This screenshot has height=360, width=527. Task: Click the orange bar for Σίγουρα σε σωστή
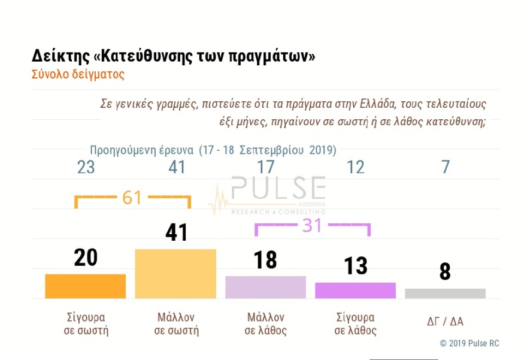pyautogui.click(x=85, y=286)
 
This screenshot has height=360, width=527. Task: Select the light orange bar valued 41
pyautogui.click(x=175, y=274)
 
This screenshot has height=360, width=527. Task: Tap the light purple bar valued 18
pyautogui.click(x=265, y=287)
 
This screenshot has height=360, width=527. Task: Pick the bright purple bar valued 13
pyautogui.click(x=355, y=291)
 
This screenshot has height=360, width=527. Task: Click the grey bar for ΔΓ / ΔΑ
pyautogui.click(x=445, y=294)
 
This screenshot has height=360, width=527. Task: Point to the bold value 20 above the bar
pyautogui.click(x=86, y=258)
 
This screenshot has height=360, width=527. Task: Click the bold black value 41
pyautogui.click(x=176, y=232)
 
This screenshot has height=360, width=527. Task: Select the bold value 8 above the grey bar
pyautogui.click(x=445, y=271)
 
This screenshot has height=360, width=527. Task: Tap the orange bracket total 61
pyautogui.click(x=132, y=198)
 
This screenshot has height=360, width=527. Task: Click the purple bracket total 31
pyautogui.click(x=312, y=225)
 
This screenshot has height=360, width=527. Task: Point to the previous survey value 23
pyautogui.click(x=86, y=167)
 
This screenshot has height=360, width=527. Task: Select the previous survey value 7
pyautogui.click(x=445, y=167)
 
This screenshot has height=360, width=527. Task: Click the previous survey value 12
pyautogui.click(x=356, y=167)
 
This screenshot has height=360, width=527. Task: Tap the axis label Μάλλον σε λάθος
pyautogui.click(x=265, y=323)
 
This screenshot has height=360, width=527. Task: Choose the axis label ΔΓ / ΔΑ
pyautogui.click(x=445, y=322)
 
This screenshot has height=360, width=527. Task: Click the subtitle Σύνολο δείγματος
pyautogui.click(x=78, y=75)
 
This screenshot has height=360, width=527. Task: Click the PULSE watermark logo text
pyautogui.click(x=278, y=189)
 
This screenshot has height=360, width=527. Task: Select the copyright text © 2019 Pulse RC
pyautogui.click(x=469, y=343)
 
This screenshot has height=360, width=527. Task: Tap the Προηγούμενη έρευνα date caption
pyautogui.click(x=213, y=150)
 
